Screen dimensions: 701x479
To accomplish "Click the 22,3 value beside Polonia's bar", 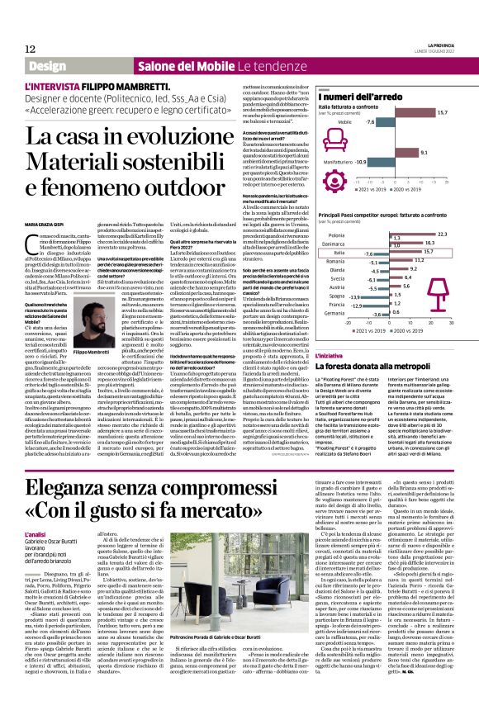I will [441, 234].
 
